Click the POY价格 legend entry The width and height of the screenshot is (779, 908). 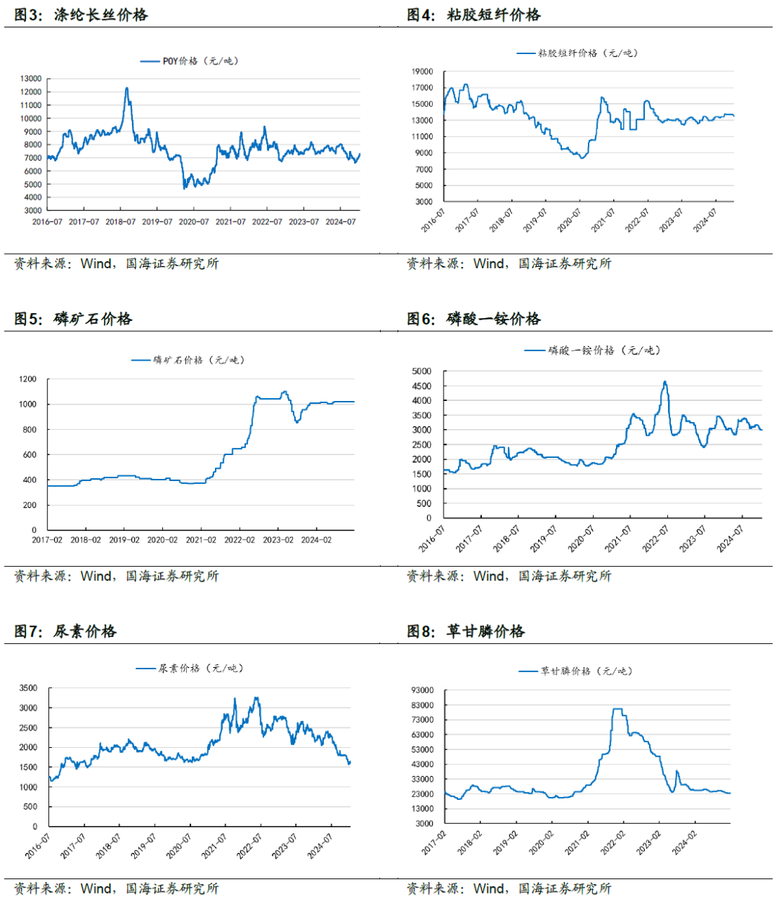189,61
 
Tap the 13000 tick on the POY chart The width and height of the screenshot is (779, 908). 31,79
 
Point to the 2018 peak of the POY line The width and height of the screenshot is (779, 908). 127,89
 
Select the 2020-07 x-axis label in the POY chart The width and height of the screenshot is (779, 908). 193,222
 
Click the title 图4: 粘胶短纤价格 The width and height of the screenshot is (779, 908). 474,14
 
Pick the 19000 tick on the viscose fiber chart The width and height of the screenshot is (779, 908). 422,71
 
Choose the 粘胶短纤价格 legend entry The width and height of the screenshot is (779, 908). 577,53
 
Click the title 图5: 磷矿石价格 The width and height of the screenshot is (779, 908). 74,319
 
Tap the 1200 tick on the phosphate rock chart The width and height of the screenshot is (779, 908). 28,379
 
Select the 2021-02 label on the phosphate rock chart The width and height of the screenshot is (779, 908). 201,540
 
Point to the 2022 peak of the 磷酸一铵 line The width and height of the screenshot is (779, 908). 665,382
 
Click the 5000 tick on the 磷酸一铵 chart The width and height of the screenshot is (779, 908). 422,371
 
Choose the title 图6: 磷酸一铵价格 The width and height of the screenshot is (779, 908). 474,319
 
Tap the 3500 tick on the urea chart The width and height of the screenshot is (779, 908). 29,689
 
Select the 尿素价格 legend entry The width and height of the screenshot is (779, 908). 190,669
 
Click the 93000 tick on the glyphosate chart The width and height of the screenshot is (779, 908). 422,691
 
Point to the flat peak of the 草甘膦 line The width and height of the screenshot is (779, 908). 617,710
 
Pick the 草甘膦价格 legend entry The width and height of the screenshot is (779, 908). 576,671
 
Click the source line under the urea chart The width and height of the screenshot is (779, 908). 116,889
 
